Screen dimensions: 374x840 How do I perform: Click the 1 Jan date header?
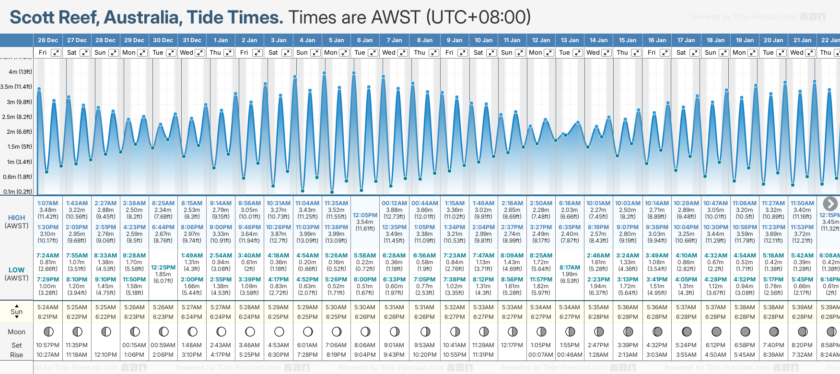click(x=221, y=40)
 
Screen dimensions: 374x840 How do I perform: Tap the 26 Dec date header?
click(x=48, y=40)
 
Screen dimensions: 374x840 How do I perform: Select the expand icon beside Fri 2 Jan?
click(x=257, y=53)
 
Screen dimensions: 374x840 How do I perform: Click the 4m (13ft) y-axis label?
click(x=20, y=72)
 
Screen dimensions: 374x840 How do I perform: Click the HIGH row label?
click(x=16, y=218)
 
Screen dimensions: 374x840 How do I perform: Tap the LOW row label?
click(x=16, y=270)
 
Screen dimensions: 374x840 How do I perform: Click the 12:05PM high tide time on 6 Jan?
click(x=365, y=215)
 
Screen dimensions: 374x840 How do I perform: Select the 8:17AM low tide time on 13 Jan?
click(x=570, y=268)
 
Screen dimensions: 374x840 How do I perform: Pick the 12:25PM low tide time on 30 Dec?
click(x=163, y=268)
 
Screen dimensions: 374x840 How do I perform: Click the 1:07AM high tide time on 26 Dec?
click(x=48, y=203)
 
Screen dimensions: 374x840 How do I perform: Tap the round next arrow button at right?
click(x=830, y=203)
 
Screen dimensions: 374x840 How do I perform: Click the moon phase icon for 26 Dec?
click(x=48, y=331)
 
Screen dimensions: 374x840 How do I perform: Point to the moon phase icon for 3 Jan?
click(x=279, y=331)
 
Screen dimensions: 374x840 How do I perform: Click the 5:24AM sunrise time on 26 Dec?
click(x=48, y=307)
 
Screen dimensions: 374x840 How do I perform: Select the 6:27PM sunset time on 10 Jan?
click(x=483, y=317)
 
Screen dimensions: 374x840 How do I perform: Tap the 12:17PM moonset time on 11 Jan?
click(x=512, y=345)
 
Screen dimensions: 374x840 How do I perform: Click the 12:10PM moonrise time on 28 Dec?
click(x=105, y=355)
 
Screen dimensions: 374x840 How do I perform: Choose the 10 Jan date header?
click(x=483, y=40)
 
